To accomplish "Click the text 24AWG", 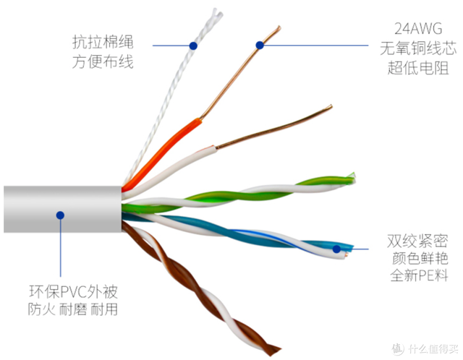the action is pos(418,29).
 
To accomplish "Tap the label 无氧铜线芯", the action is pos(418,48).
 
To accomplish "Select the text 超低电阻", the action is pos(418,67).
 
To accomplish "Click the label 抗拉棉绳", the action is pos(103,42).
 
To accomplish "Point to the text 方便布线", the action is pos(103,61).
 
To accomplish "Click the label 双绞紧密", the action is pos(417,241).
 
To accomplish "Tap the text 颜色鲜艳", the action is pos(420,259).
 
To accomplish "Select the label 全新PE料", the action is pos(420,275).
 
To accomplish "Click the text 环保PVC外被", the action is pos(74,291).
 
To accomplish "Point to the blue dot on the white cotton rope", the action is pos(193,46).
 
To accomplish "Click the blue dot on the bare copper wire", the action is pos(260,45).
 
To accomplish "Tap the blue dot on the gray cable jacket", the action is pos(60,215).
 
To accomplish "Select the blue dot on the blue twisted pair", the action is pos(336,249).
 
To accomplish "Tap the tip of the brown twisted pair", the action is pos(276,350).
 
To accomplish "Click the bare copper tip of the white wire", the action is pos(331,107).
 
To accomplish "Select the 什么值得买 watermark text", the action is pos(433,348).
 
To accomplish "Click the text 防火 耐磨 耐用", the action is pos(73,309).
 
